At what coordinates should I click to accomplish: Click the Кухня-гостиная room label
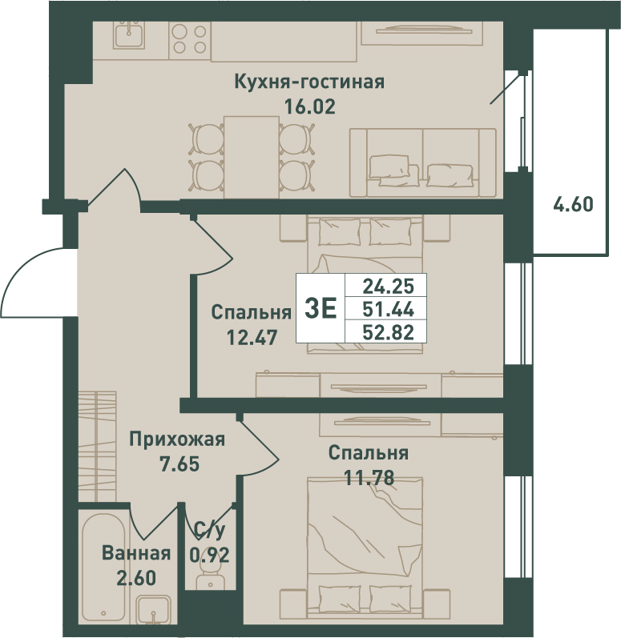pos(309,82)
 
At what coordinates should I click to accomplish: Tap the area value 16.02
pos(309,106)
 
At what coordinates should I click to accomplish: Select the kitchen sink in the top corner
pos(129,35)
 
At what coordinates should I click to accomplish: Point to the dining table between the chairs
pos(252,157)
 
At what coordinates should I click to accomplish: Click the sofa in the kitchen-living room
pos(423,163)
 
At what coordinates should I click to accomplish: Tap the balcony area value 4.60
pos(573,204)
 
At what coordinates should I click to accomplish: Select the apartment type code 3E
pos(321,309)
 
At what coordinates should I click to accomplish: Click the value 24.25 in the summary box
pos(388,287)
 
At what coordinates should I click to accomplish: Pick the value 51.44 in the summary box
pos(388,310)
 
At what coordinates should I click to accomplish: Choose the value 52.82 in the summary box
pos(388,332)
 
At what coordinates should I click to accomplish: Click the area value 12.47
pos(252,337)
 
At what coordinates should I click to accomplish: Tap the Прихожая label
pos(177,439)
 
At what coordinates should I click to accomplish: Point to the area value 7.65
pos(179,464)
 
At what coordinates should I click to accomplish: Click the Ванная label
pos(136,554)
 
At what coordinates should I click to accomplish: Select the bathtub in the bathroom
pos(103,566)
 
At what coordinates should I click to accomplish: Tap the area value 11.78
pos(369,478)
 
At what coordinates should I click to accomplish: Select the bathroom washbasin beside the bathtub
pos(153,610)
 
